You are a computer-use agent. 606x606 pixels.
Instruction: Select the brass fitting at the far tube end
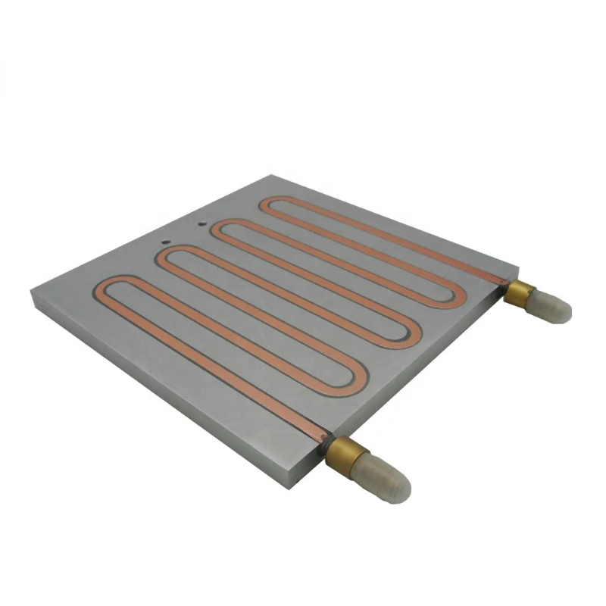[520, 293]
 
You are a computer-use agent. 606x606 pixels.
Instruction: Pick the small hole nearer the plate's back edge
[201, 223]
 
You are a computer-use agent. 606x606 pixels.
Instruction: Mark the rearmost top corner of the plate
[270, 175]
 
